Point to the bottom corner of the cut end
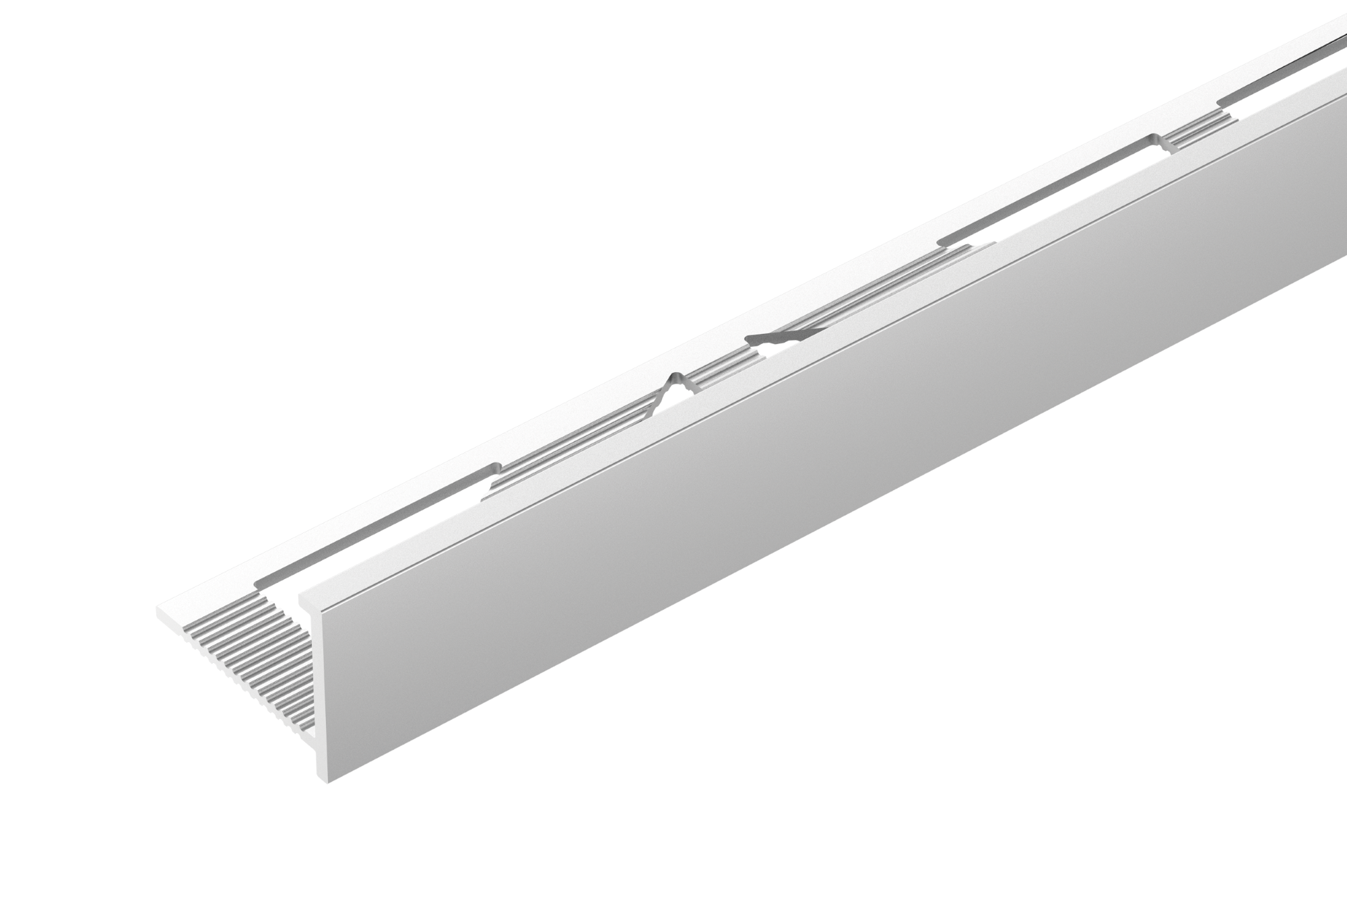coord(328,783)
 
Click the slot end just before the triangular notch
coord(497,466)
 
